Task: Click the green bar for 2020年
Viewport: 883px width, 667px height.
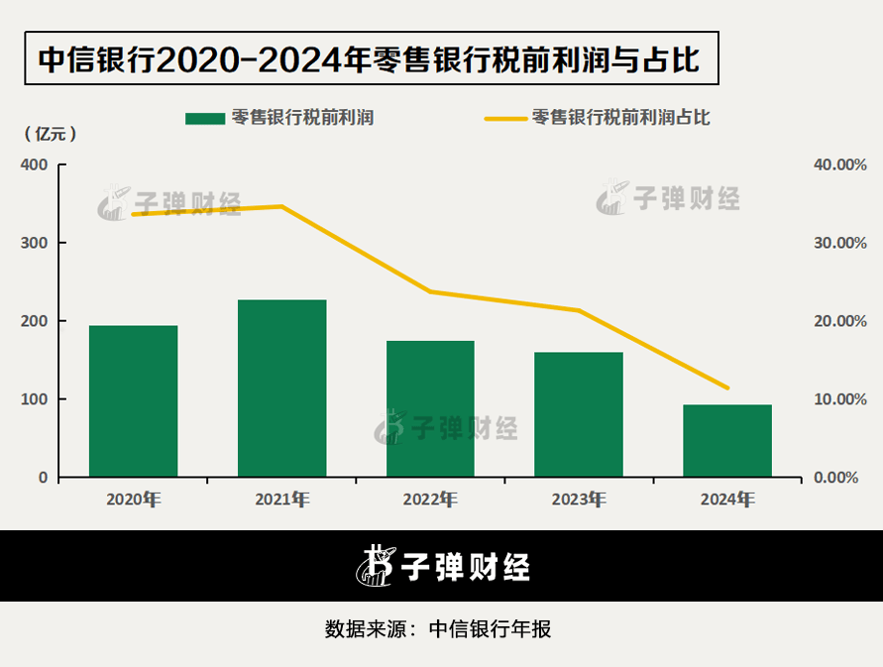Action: (133, 400)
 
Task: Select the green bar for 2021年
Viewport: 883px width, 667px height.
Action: (281, 388)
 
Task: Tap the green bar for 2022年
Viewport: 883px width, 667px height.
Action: (430, 408)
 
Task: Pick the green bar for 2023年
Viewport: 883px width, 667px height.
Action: (579, 414)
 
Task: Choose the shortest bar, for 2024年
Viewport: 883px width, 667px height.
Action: (727, 440)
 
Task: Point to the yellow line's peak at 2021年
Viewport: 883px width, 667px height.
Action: (281, 206)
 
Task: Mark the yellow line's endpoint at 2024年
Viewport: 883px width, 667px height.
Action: (727, 388)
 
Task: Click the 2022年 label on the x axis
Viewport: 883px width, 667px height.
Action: (430, 500)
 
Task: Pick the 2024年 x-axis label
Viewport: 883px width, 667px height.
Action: (727, 500)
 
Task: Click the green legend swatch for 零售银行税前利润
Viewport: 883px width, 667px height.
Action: (204, 118)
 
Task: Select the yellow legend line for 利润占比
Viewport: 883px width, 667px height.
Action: (504, 118)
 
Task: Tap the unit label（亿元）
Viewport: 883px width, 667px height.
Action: (49, 132)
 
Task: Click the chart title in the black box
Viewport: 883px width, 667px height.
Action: (369, 60)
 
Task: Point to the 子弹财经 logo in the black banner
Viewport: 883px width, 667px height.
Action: (443, 566)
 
